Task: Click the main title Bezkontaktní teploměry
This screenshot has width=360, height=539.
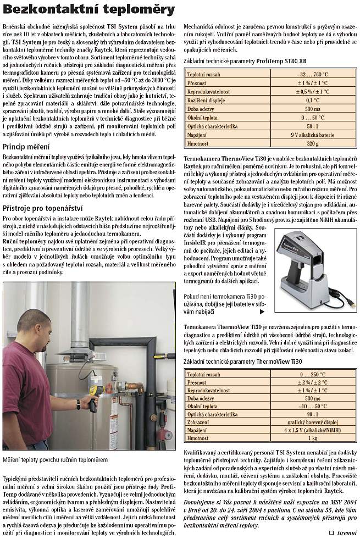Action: pos(89,9)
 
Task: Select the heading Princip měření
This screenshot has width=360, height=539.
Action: pos(26,147)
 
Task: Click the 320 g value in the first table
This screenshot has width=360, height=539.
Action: pos(313,143)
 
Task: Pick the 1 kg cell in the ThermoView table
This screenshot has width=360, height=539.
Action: pos(313,438)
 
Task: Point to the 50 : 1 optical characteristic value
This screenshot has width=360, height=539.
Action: pos(313,126)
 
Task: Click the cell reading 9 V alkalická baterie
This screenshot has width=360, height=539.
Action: pos(313,135)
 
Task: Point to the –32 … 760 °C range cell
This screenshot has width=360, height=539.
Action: pos(313,74)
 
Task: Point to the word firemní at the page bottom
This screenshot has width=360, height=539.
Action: pos(347,532)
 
